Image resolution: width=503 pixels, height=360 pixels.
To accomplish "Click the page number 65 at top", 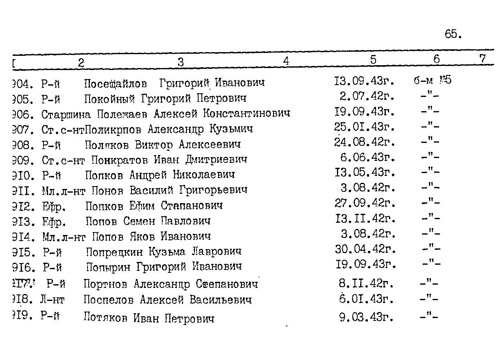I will (x=453, y=35).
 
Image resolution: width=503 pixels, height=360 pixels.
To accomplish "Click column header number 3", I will (x=181, y=62).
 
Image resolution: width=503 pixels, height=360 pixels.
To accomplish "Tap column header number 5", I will (x=373, y=60).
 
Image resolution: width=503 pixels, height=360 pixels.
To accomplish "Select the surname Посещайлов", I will (x=115, y=83).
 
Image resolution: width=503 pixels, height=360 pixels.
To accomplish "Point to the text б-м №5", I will (x=433, y=80).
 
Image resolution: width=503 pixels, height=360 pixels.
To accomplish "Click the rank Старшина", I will (x=60, y=114).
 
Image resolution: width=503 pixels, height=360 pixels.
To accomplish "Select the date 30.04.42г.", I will (x=365, y=249).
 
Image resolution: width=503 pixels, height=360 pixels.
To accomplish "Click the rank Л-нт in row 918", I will (x=52, y=300).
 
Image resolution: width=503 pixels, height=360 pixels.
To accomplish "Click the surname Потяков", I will (x=106, y=317).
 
